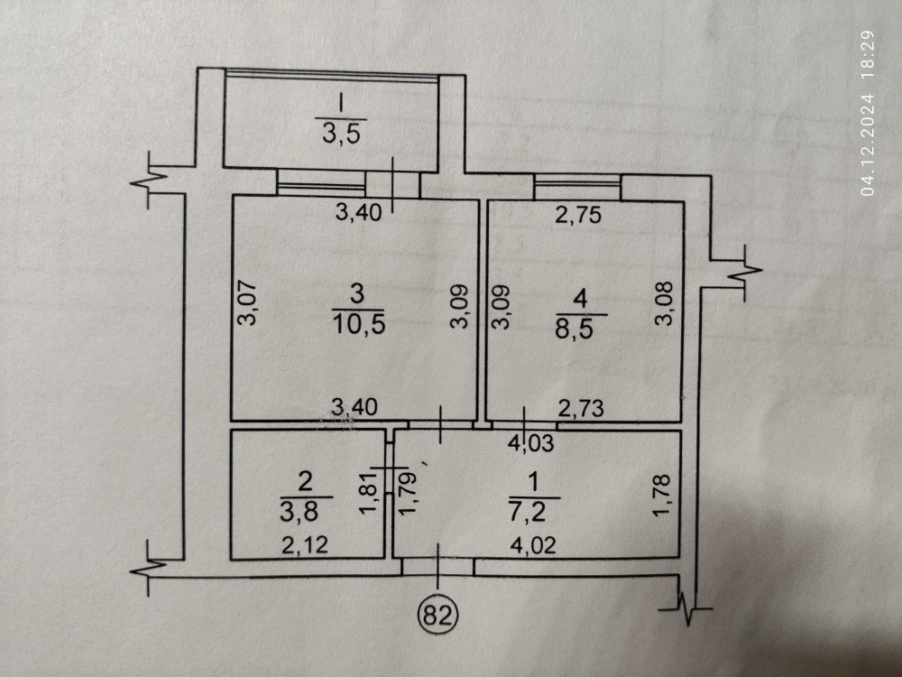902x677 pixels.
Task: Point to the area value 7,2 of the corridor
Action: click(534, 510)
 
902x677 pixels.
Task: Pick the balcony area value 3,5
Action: click(342, 134)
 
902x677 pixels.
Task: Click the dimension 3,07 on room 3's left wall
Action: click(252, 304)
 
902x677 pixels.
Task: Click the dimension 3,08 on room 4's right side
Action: click(666, 307)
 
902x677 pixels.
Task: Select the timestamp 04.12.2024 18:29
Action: click(869, 112)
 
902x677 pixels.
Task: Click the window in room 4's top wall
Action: click(577, 185)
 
